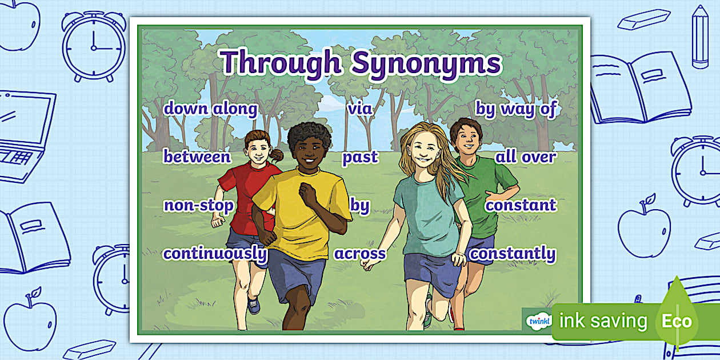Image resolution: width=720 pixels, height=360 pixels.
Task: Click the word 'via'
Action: pos(360,109)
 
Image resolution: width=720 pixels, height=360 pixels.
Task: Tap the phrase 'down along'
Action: pos(210,109)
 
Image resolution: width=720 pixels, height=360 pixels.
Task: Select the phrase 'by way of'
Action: pos(515,109)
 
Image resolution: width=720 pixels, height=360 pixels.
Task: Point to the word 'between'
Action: pos(197,157)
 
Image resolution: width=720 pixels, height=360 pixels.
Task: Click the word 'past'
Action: pos(360,157)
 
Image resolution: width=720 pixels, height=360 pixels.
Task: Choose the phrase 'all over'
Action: pos(525,157)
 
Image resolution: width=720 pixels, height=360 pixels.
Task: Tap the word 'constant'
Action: pos(521,205)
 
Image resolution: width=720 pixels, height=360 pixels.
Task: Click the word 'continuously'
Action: pos(215,253)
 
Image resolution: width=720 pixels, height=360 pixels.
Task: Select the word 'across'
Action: pos(360,254)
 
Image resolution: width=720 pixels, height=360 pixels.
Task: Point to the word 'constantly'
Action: pos(513,253)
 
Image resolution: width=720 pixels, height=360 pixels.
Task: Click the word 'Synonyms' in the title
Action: pos(426,63)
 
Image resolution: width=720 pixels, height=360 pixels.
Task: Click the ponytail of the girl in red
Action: pos(277,155)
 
